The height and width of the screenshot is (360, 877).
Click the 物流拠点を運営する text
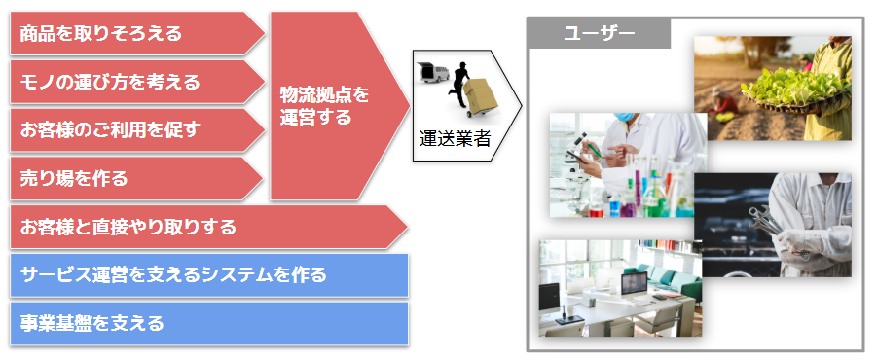point(325,106)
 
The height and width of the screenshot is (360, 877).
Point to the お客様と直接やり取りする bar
point(208,227)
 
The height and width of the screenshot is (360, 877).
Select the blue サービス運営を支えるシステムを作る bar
point(209,275)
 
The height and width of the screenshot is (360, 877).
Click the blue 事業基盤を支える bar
point(209,323)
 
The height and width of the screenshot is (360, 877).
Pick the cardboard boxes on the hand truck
point(479,95)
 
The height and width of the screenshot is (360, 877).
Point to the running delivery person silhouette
point(459,85)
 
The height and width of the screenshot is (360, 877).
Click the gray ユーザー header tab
point(599,33)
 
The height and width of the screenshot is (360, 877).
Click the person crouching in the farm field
point(724,103)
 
